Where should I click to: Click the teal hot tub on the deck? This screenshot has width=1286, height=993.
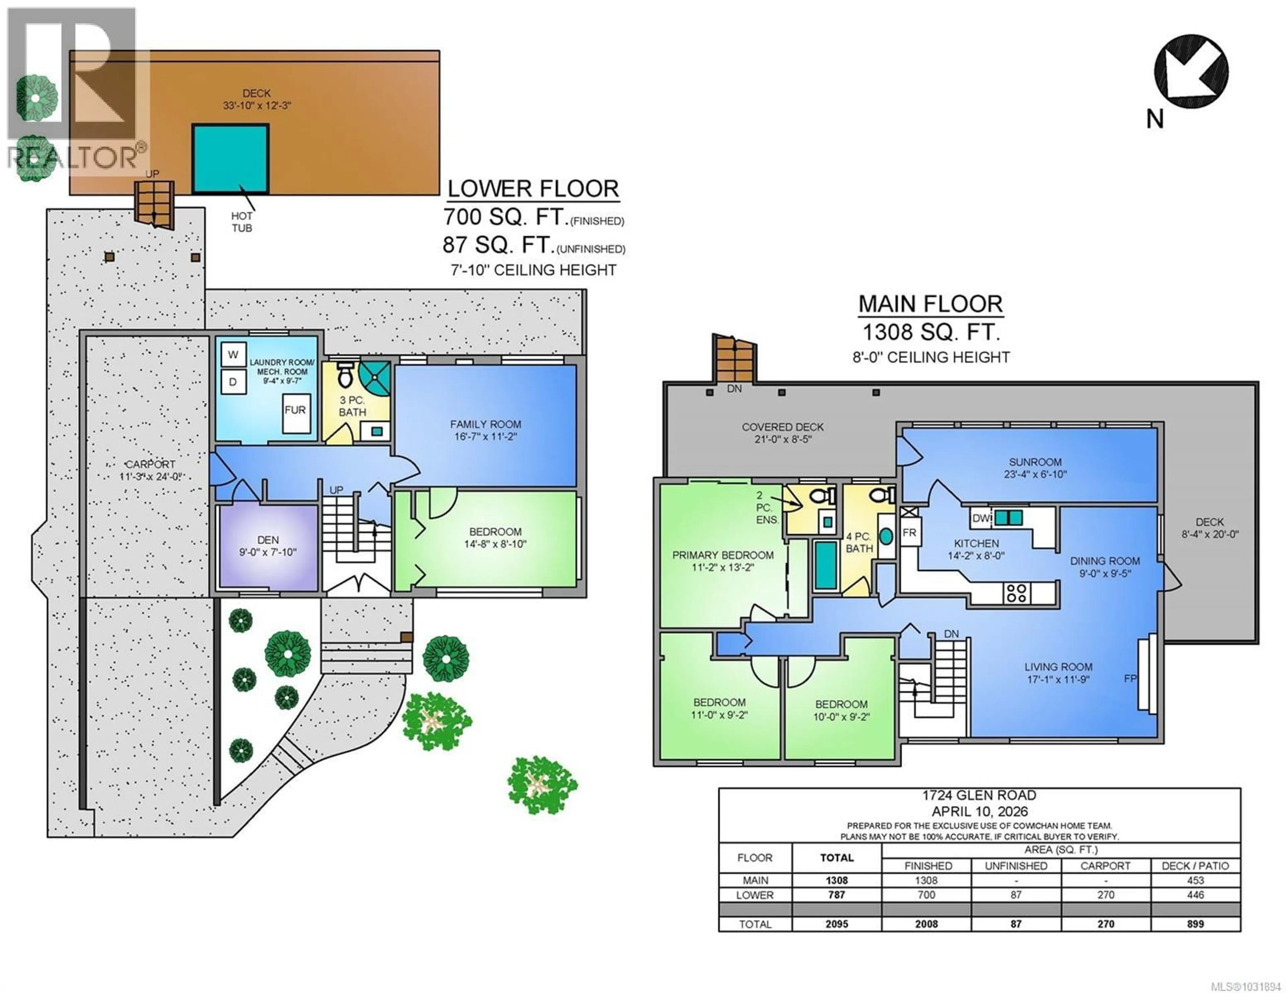coord(230,158)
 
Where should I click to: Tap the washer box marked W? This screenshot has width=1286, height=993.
coord(233,354)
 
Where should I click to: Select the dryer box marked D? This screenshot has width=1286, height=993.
coord(233,382)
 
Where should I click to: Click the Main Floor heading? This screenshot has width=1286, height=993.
coord(930,304)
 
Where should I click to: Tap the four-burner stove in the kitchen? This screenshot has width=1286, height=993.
coord(1016,593)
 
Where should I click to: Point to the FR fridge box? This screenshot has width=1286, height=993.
coord(909,533)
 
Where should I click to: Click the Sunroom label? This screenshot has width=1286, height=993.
coord(1035,462)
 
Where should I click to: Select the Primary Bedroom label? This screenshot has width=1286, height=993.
coord(722,555)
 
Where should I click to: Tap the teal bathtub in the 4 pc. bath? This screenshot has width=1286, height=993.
coord(826,565)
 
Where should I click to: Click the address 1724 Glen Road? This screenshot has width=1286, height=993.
coord(979,795)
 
